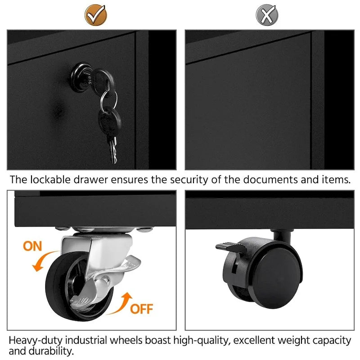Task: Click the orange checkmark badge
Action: (96, 15)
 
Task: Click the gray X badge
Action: (267, 15)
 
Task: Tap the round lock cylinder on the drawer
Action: (81, 77)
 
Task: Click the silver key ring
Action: (108, 99)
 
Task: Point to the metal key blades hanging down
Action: (113, 150)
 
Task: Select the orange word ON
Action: (32, 246)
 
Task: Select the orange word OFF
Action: (141, 309)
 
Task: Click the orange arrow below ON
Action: (44, 261)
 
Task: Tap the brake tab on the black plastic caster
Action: (229, 247)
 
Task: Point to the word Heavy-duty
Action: (36, 341)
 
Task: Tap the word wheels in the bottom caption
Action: (126, 340)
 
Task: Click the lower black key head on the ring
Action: (110, 121)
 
